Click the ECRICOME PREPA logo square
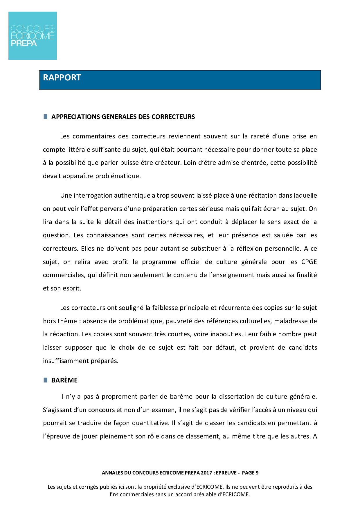coord(33,36)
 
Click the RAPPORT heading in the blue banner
coord(62,77)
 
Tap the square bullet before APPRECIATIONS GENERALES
coord(45,117)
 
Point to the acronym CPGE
coord(309,262)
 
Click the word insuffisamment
coord(62,361)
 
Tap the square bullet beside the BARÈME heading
coord(45,380)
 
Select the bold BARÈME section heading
coord(64,380)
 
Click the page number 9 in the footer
coord(257,473)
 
